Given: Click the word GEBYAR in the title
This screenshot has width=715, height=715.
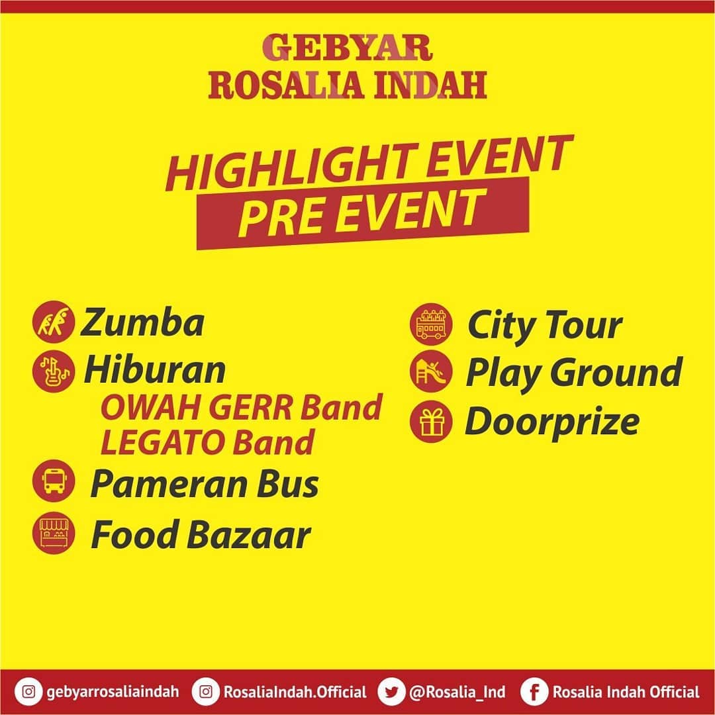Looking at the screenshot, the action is [x=347, y=48].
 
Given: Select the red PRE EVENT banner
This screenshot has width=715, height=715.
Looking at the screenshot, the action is [x=363, y=213].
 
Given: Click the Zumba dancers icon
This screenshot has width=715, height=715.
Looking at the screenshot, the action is [x=54, y=322].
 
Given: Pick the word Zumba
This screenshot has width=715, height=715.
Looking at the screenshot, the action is [x=142, y=322].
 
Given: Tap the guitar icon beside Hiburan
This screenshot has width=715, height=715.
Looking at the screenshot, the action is [x=54, y=371].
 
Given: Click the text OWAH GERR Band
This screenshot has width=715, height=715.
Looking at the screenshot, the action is [x=241, y=407].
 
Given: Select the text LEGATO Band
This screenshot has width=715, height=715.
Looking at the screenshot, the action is [x=207, y=442].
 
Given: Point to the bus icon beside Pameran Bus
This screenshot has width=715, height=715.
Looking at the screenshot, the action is [x=54, y=481].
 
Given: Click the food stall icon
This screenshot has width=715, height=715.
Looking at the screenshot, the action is [x=54, y=532].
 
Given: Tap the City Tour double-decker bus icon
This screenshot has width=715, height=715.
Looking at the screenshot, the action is [x=431, y=324].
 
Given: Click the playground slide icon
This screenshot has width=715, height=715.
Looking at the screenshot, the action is [x=431, y=372].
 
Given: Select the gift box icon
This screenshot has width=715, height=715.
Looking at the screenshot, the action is [x=431, y=422].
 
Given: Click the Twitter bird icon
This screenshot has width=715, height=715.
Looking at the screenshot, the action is [x=392, y=692].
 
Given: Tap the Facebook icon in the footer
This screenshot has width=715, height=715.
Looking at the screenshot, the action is [x=534, y=692].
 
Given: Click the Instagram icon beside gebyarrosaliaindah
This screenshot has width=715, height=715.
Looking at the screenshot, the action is [x=28, y=692].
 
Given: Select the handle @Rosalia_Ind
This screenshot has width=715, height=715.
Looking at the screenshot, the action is [x=457, y=692].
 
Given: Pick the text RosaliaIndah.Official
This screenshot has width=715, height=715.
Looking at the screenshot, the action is [x=295, y=692].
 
